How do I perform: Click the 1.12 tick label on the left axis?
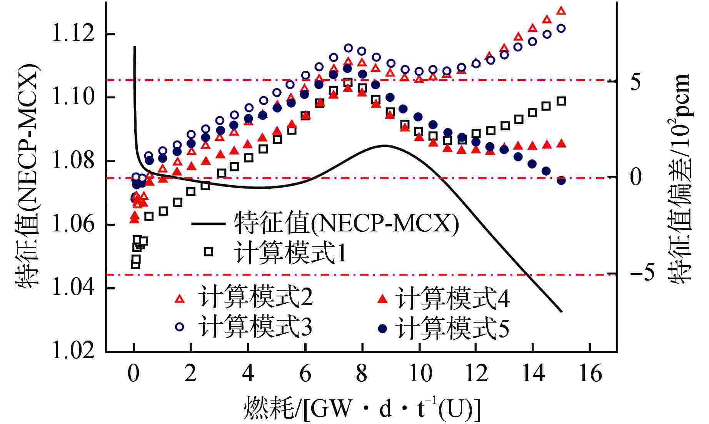coord(73,34)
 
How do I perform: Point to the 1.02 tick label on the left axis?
coord(73,351)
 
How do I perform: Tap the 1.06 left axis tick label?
coord(73,224)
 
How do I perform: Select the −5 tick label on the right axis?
coord(642,273)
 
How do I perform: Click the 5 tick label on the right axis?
coord(636,81)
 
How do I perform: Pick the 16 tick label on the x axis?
coord(590,373)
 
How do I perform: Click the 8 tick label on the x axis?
coord(362,373)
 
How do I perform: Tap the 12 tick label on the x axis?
coord(476,373)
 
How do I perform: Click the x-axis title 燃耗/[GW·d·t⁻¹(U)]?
coord(362,408)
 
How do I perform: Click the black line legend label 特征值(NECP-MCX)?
coord(346,223)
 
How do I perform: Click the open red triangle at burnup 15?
coord(561,11)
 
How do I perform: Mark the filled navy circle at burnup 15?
coord(561,180)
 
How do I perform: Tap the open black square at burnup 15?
coord(561,101)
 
